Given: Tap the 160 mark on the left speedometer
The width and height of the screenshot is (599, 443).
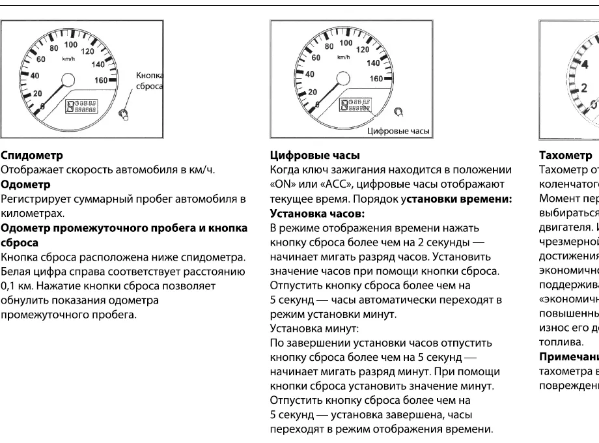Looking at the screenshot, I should (102, 80).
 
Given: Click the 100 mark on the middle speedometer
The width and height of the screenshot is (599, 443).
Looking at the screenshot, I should (346, 43).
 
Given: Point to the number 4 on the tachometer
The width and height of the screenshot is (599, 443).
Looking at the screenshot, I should (585, 63).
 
